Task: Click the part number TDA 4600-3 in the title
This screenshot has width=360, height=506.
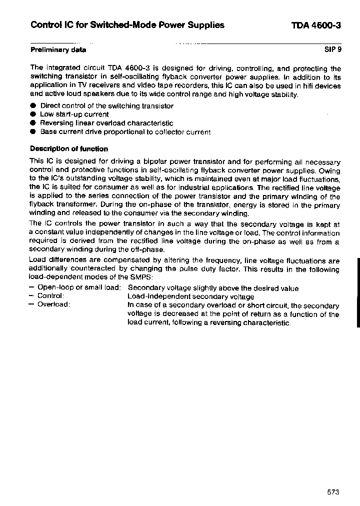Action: pyautogui.click(x=316, y=25)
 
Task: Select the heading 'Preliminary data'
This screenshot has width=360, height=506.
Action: pyautogui.click(x=58, y=50)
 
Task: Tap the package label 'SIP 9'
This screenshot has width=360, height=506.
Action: pyautogui.click(x=332, y=50)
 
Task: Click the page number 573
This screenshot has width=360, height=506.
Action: pyautogui.click(x=333, y=492)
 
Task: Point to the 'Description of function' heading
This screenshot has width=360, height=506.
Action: pyautogui.click(x=69, y=149)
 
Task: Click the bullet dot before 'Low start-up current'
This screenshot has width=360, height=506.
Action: pyautogui.click(x=33, y=114)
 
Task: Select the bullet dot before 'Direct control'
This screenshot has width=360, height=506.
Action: pyautogui.click(x=33, y=106)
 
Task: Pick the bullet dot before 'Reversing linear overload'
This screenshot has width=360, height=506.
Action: pyautogui.click(x=33, y=123)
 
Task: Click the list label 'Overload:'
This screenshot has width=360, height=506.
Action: pyautogui.click(x=53, y=305)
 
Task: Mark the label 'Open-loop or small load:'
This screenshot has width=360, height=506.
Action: pyautogui.click(x=79, y=288)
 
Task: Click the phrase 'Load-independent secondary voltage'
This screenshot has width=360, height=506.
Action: pyautogui.click(x=190, y=296)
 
